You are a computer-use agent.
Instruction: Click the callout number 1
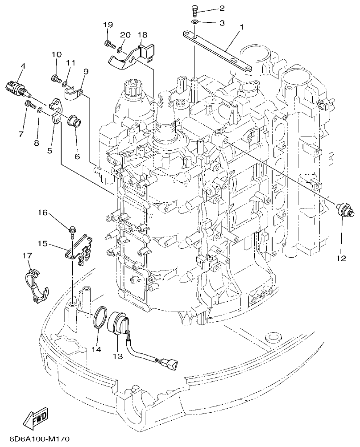pyautogui.click(x=241, y=27)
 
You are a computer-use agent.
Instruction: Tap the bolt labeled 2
pyautogui.click(x=195, y=9)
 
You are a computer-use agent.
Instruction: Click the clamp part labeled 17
pyautogui.click(x=35, y=285)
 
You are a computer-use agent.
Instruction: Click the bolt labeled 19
pyautogui.click(x=108, y=43)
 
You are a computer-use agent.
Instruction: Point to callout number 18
pyautogui.click(x=142, y=34)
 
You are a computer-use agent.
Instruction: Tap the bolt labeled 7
pyautogui.click(x=29, y=105)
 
